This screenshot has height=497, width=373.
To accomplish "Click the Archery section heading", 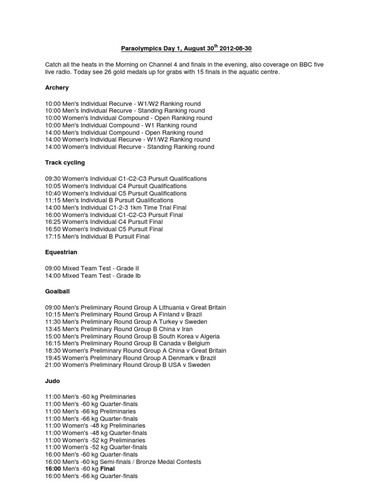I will click(x=57, y=88).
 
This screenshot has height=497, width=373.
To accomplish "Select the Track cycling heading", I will click(x=65, y=163).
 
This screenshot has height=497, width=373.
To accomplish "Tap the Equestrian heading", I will click(x=61, y=252).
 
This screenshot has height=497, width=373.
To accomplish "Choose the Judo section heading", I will click(x=52, y=381).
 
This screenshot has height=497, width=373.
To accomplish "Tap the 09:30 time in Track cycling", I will click(x=53, y=179).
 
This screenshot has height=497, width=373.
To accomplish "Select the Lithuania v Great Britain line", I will click(x=135, y=308).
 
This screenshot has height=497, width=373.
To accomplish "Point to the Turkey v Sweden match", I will click(x=126, y=322).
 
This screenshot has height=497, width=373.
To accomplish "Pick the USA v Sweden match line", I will click(x=128, y=365).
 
